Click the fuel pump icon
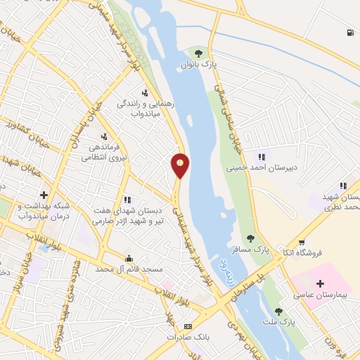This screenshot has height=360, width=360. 349,32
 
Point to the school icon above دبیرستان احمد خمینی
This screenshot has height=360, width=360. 262,157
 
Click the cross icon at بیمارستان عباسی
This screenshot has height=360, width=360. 321,283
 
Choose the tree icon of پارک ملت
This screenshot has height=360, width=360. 279,311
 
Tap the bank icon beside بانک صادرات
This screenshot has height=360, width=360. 188,327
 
